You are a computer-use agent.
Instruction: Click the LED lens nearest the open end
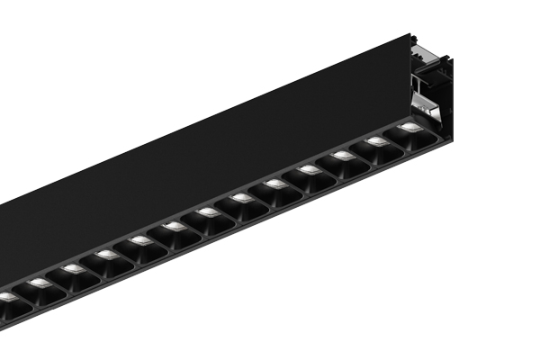pos(409,128)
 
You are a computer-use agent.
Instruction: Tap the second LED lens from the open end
pos(376,141)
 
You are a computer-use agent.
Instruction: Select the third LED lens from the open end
pos(343,156)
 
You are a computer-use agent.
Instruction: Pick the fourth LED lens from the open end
pos(310,169)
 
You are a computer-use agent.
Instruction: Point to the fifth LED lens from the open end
pos(275,184)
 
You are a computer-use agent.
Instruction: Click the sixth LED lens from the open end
pos(241,198)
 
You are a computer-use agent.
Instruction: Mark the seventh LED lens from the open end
pos(208,212)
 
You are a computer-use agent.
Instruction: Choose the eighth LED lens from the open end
pos(175,226)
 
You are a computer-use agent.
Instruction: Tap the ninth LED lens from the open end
pos(141,240)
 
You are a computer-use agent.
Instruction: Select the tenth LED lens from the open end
pos(107,255)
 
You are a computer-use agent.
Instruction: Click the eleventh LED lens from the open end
pos(74,269)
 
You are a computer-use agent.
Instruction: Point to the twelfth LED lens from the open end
pos(40,283)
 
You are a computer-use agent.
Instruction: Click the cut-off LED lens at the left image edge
pos(5,297)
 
